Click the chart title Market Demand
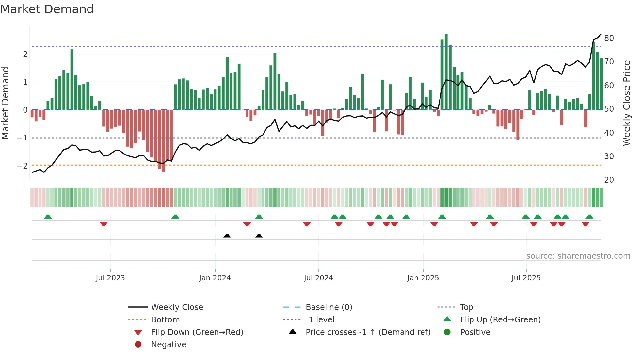[47, 9]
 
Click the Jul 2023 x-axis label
[110, 278]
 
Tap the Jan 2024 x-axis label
[215, 278]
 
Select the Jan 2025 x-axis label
[423, 278]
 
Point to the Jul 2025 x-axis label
[526, 278]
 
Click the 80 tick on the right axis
[609, 38]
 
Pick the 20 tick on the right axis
[609, 180]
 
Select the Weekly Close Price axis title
[626, 103]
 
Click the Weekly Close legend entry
[177, 307]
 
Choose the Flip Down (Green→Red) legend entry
[197, 332]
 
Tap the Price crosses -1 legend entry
[368, 332]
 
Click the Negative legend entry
[168, 345]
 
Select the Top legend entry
[467, 307]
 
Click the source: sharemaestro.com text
[578, 256]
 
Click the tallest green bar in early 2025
[446, 72]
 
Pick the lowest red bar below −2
[163, 141]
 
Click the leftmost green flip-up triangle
[48, 217]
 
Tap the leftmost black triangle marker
[227, 236]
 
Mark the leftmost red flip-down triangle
[104, 224]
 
